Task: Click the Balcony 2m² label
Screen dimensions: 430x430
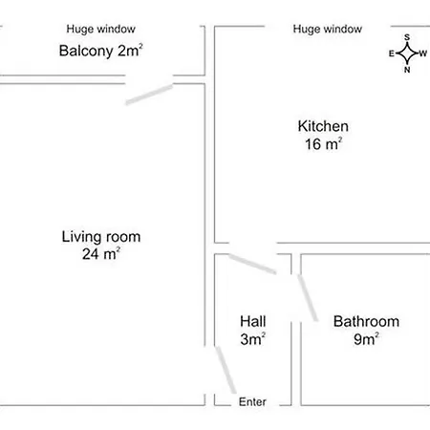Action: coord(100,51)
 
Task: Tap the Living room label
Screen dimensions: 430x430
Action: coord(101,237)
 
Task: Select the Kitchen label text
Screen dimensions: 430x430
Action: coord(323,126)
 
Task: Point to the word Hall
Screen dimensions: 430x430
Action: coord(253,321)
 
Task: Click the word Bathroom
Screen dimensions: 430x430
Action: coord(366,321)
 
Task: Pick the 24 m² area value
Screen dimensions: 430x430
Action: coord(101,254)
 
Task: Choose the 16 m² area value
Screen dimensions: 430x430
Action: coord(323,143)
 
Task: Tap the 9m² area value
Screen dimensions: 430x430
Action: coord(366,338)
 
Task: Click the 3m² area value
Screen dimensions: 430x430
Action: coord(253,338)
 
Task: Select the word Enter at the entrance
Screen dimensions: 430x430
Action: coord(252,401)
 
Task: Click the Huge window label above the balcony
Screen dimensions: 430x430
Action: coord(100,29)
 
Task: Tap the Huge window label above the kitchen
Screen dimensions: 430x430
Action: coord(328,29)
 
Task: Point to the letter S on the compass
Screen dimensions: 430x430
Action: coord(407,37)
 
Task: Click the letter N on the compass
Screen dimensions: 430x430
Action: coord(407,70)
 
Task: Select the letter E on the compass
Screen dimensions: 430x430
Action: coord(392,54)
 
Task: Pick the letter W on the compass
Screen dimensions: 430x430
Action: coord(423,54)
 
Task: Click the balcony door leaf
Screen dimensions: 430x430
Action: coord(149,94)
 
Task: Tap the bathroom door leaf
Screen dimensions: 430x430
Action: coord(308,298)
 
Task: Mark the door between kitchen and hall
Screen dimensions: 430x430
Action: coord(252,264)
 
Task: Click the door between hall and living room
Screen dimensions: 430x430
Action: coord(226,370)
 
